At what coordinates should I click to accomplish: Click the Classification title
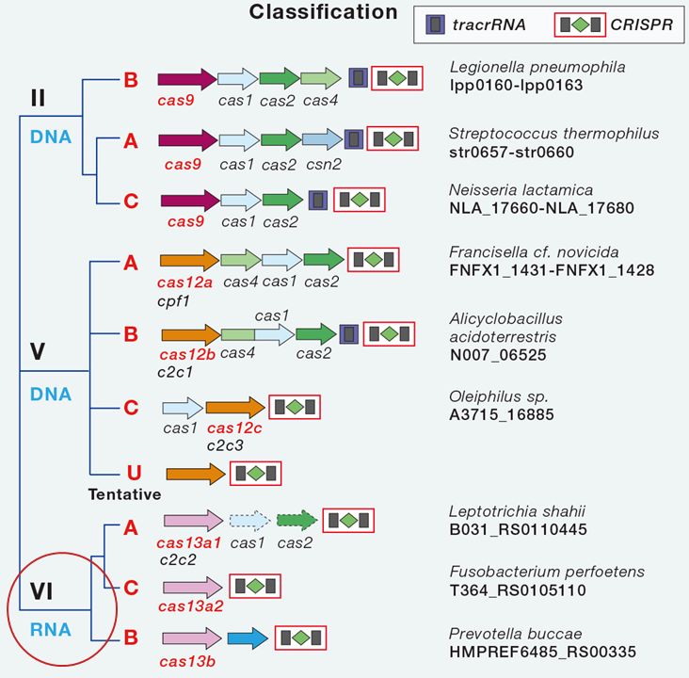323,12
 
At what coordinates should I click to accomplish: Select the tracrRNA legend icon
435,24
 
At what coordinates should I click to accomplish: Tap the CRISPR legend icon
580,25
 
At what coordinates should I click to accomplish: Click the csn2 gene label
324,164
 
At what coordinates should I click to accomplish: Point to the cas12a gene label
184,282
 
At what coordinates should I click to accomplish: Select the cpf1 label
173,301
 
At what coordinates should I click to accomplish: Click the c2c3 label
225,445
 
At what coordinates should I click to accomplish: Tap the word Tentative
124,494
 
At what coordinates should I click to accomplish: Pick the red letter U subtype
134,473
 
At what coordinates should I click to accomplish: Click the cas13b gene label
187,661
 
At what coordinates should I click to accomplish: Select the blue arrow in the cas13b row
248,638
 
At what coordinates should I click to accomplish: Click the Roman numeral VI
41,591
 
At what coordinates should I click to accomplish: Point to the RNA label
51,630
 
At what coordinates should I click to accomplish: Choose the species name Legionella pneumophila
537,67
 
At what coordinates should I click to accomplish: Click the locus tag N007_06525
498,354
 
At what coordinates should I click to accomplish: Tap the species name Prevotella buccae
516,634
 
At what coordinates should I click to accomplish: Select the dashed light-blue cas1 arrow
250,521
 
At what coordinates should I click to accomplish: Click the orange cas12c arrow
235,407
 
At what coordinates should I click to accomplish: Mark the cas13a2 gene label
191,606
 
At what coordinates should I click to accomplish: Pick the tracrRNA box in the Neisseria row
318,200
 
